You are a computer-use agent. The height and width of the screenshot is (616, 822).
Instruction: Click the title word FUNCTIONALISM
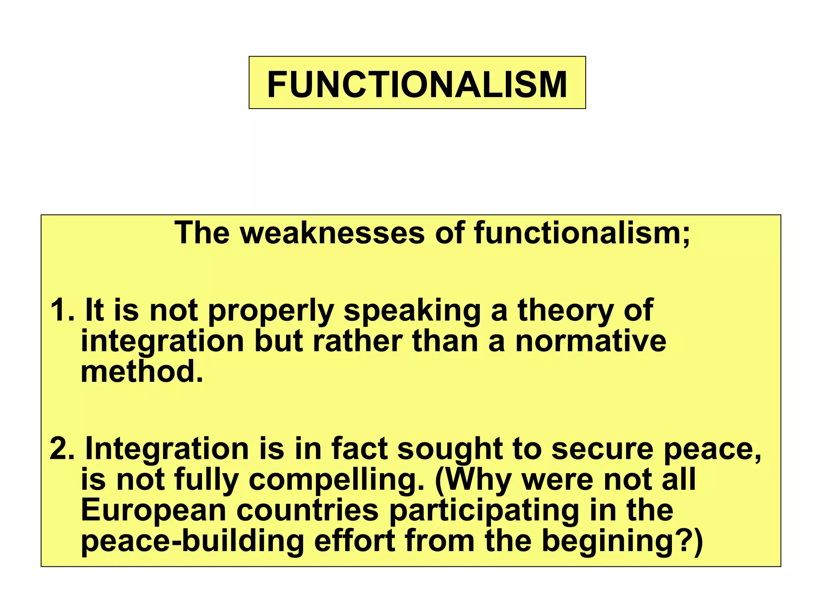click(x=417, y=84)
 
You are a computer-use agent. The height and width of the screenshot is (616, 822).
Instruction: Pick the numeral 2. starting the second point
click(x=62, y=449)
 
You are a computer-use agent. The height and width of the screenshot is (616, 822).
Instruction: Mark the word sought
click(x=450, y=449)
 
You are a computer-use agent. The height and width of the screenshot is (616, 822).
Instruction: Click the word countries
click(x=307, y=510)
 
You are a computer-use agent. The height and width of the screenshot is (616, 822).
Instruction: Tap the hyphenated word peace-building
click(x=192, y=541)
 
